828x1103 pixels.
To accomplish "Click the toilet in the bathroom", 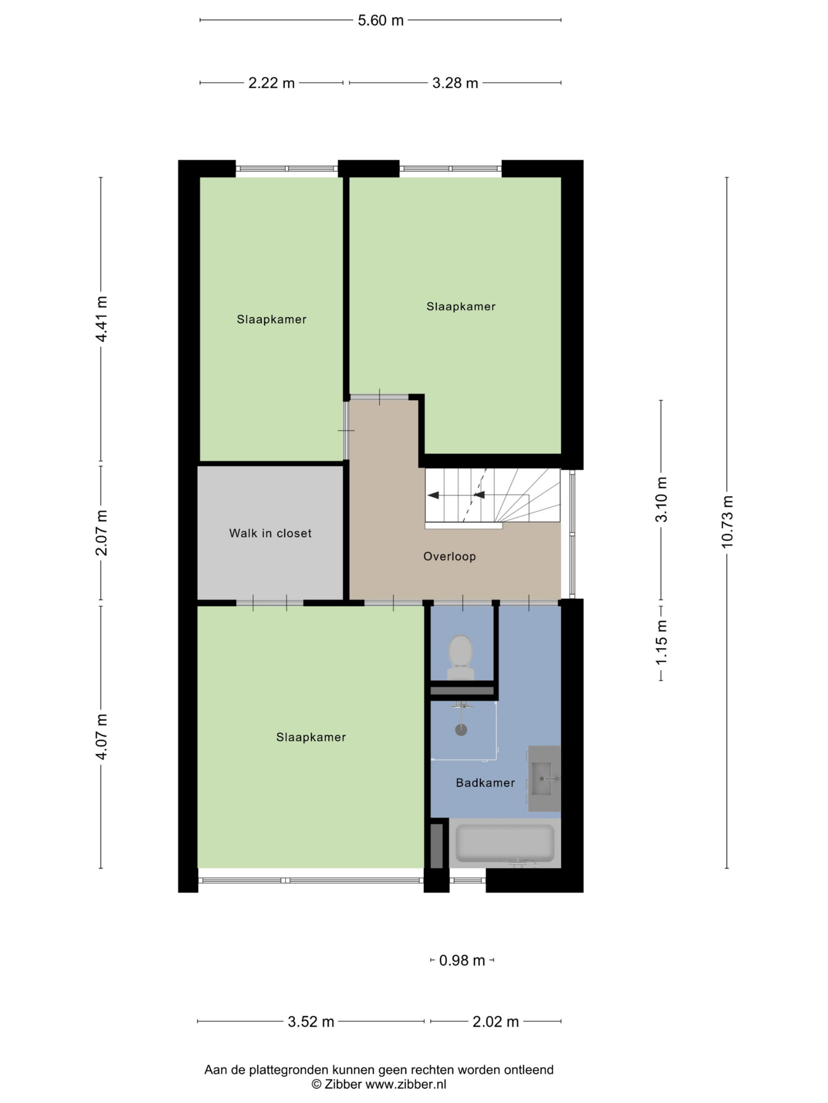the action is [460, 657].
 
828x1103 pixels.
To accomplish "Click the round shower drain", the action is [461, 730].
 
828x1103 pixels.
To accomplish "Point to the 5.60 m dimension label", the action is [380, 20].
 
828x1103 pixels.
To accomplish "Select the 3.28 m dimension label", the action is [455, 83].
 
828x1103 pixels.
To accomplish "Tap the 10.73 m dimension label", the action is [727, 522].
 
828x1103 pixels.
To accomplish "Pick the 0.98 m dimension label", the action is [462, 960].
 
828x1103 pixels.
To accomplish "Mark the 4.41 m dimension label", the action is [101, 319].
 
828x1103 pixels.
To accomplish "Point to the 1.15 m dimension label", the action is [661, 642].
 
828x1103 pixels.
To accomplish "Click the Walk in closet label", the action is [270, 533].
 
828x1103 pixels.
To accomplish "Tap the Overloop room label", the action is [449, 557].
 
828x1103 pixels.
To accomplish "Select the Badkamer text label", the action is [485, 783].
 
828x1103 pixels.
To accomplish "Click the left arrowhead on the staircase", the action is [433, 495].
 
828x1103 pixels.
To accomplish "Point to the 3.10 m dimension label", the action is [661, 499].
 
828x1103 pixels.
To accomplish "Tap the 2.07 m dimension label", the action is [101, 533].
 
